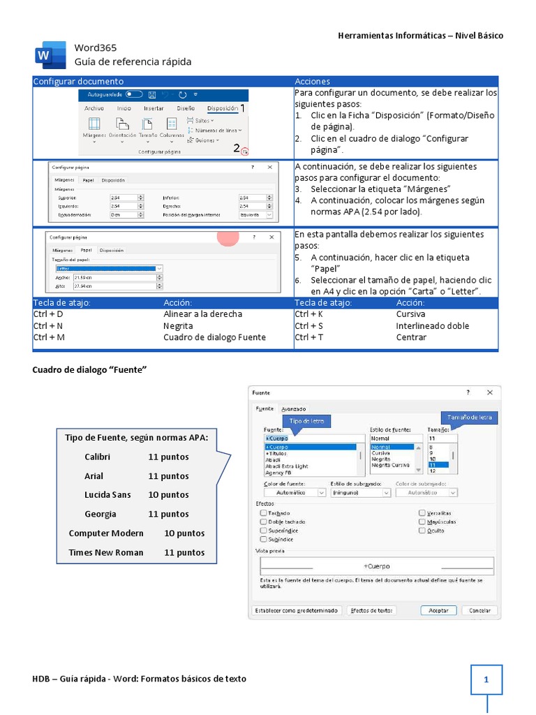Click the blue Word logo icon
(45, 55)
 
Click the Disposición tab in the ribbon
(223, 108)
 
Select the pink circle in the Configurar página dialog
(228, 237)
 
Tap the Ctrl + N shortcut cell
(48, 325)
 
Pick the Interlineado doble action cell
(432, 325)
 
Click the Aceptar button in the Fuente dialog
(438, 610)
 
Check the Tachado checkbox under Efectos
(263, 513)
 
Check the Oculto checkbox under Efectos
(422, 531)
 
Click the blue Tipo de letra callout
(306, 421)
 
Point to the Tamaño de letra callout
(469, 418)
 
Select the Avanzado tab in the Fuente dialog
(293, 408)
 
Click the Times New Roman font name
(105, 552)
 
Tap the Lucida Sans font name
(107, 495)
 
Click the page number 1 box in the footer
(486, 679)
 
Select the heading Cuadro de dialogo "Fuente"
(89, 369)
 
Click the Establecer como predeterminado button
(296, 610)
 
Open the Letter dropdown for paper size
(110, 268)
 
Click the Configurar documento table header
(78, 82)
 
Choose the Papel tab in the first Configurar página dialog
(89, 179)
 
